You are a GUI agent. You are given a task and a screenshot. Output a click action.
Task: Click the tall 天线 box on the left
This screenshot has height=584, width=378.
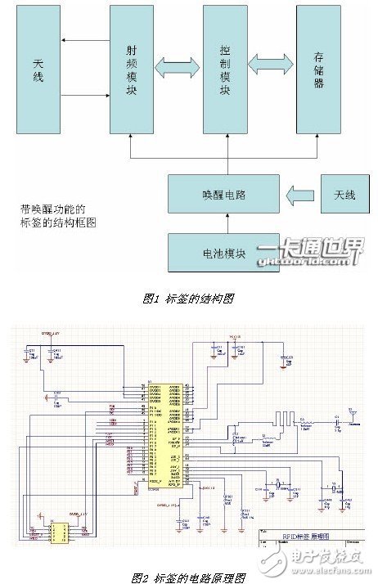(39, 75)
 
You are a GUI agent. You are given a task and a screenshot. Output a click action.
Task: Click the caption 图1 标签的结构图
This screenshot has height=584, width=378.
(188, 299)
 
